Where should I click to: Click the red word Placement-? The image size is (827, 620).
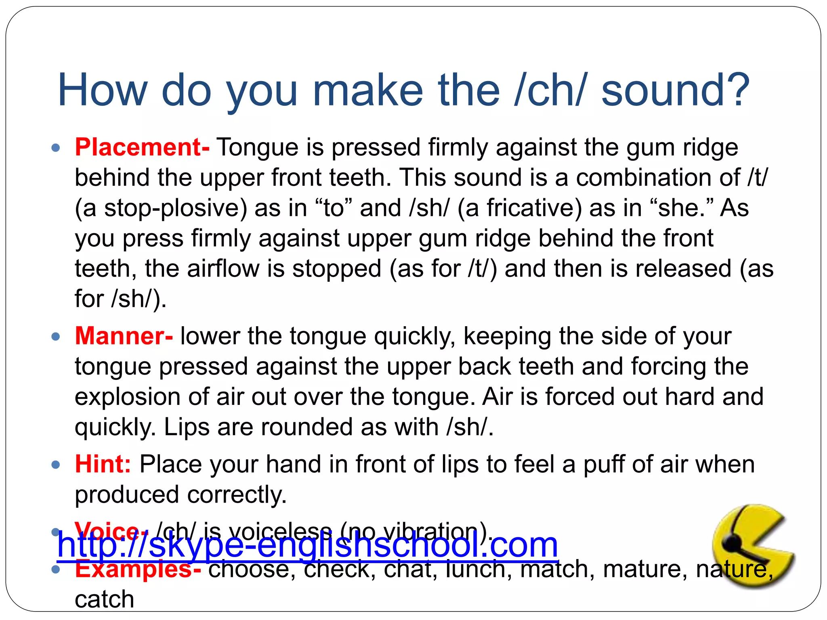coord(142,147)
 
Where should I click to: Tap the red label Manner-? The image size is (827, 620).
coord(124,336)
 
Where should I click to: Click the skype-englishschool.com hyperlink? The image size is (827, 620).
coord(307,545)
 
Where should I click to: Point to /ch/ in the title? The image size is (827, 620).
coord(549,90)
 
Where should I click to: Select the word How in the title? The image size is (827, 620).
coord(103,90)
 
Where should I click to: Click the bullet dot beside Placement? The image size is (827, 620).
coord(56,148)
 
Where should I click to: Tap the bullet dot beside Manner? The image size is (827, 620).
coord(56,336)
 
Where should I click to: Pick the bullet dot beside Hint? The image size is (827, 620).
coord(56,465)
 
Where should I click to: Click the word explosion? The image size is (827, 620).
coord(128,397)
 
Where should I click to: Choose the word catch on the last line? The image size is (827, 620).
coord(104,599)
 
